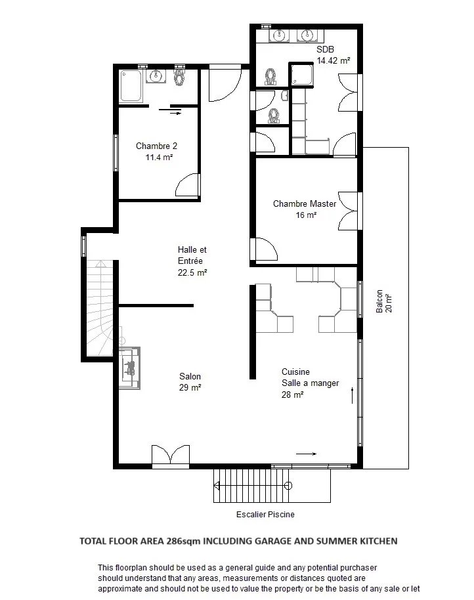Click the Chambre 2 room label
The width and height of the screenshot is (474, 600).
pos(156,146)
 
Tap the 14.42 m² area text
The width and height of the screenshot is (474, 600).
pos(334,60)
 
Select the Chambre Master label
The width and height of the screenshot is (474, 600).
pos(305,204)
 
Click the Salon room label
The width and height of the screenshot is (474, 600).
pos(190,376)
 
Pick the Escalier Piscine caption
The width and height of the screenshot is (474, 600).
pos(265,514)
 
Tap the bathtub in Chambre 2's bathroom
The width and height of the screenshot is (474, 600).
pos(131,86)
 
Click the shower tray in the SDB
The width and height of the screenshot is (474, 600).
pos(302,75)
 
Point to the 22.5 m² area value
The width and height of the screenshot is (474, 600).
pos(192,272)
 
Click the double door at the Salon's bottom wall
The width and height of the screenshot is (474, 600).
pos(171,456)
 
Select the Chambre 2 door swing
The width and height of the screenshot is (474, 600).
pos(188,185)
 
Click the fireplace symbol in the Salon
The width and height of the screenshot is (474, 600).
pos(129,368)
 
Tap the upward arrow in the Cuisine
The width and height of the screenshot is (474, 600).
pos(353,395)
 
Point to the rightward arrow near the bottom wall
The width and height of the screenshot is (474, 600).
pos(307,454)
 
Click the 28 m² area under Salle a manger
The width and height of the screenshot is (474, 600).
pos(293,395)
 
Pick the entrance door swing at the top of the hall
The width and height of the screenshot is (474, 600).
pos(225,85)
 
